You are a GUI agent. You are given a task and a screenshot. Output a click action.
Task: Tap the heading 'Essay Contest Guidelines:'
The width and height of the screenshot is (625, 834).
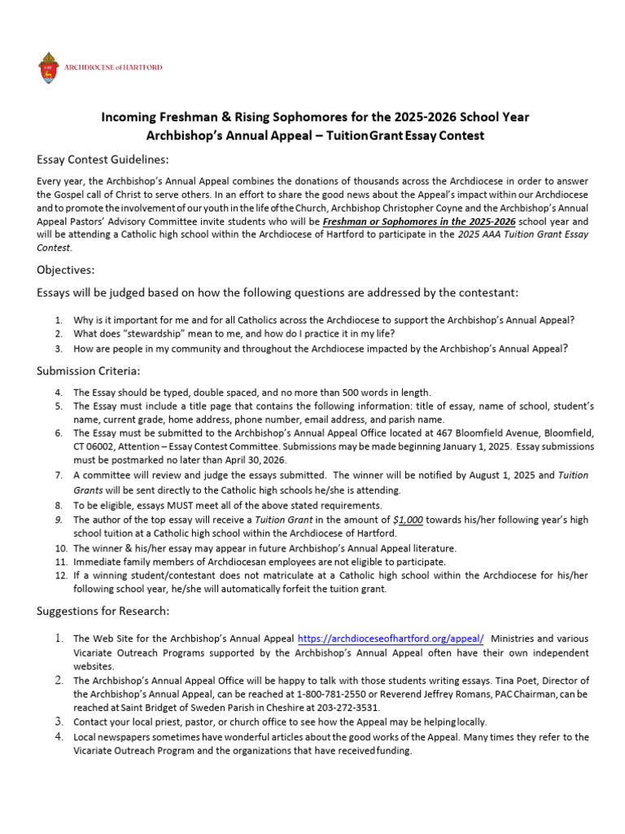point(103,159)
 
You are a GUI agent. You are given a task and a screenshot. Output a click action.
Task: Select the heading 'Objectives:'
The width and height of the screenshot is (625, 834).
point(66,270)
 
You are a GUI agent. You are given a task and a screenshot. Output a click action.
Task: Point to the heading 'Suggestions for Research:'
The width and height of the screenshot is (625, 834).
point(103,611)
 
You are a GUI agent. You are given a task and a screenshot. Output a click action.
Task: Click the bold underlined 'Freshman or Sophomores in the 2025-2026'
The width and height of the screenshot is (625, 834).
point(418,221)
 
